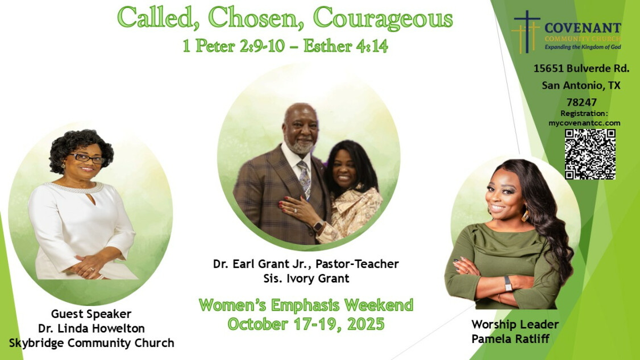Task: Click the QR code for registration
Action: pos(590,154)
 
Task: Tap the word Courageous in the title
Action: pos(383,19)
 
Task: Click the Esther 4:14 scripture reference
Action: pos(346,45)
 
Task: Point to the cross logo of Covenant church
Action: pos(526,32)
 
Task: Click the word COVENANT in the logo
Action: pos(583,28)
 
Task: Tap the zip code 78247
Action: pos(581,102)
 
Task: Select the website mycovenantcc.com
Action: pos(584,123)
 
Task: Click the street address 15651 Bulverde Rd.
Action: pos(581,68)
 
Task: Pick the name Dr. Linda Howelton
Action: pos(92,328)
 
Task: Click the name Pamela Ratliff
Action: pos(510,339)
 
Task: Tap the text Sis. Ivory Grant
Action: pos(306,279)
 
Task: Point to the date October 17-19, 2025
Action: pos(306,324)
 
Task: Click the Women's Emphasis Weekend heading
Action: pos(306,305)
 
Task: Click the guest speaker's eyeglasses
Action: pos(87,158)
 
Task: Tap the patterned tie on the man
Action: pos(305,178)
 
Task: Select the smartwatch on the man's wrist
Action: pos(318,226)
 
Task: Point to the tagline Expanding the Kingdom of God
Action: pos(583,47)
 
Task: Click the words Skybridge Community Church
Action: pos(92,343)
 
